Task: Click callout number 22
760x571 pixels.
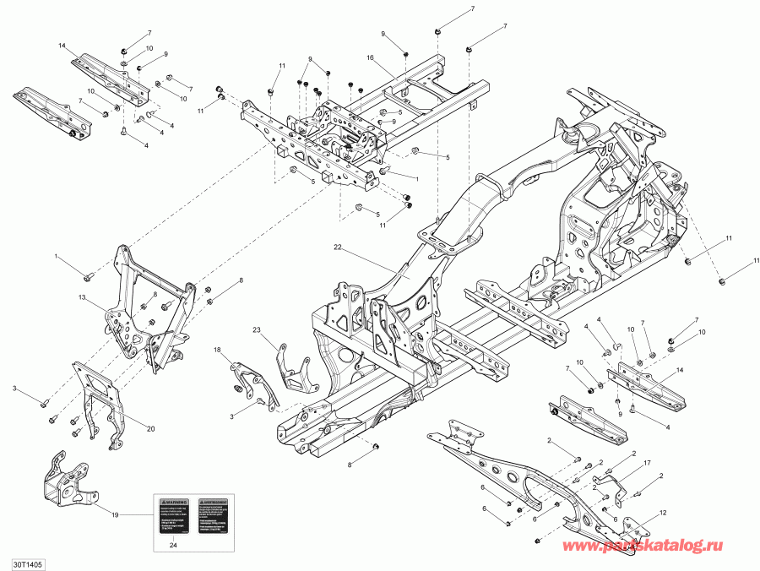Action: (x=338, y=247)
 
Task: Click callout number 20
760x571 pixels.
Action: (x=151, y=428)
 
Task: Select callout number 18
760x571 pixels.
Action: (x=217, y=349)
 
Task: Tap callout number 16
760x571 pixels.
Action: (x=369, y=57)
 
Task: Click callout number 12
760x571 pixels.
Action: (x=663, y=513)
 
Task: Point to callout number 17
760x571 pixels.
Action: (x=647, y=464)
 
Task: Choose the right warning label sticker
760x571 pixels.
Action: (x=211, y=514)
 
